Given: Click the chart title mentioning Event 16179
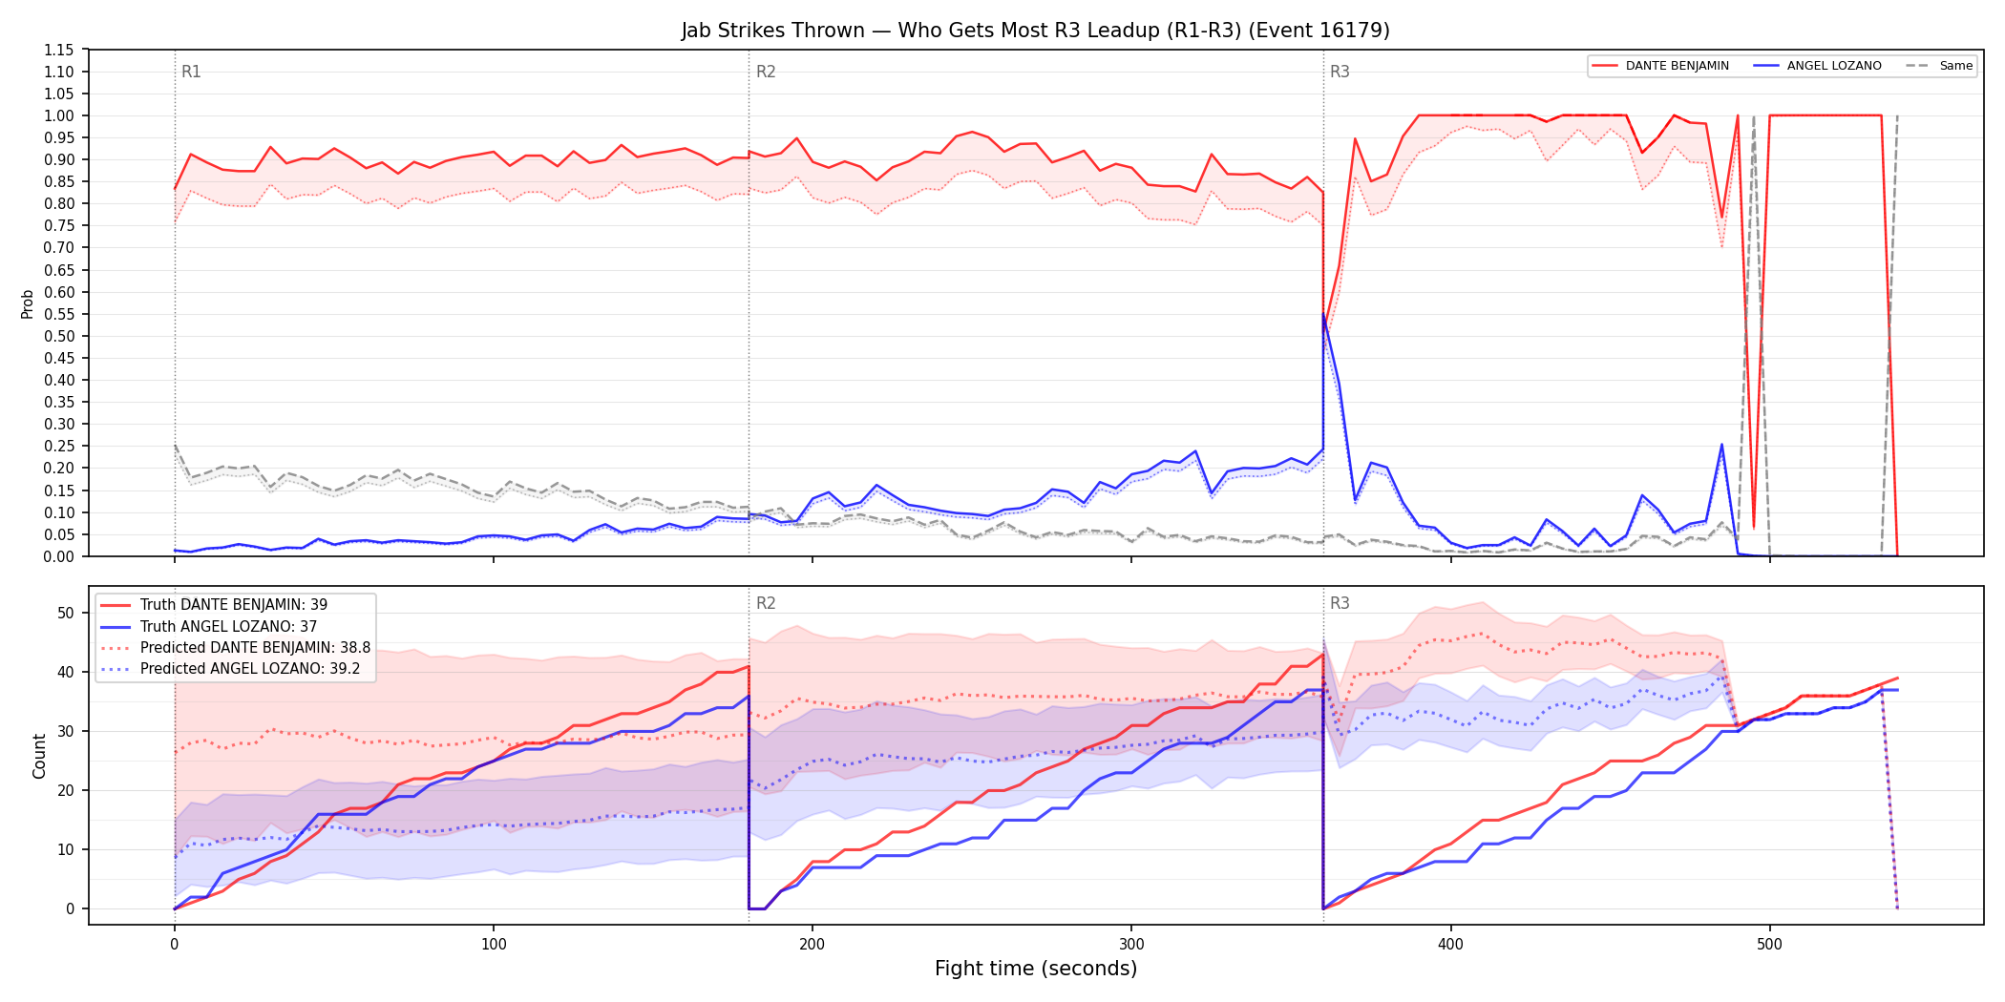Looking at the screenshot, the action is (1035, 31).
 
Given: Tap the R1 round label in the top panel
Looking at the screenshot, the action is (191, 72).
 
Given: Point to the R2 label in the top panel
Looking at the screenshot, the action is (766, 72).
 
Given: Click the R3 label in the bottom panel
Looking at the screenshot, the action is (1340, 603).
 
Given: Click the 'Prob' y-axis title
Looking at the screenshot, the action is (27, 303).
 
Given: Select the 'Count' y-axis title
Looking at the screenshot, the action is (39, 756).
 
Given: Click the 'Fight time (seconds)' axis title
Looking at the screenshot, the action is (1036, 969).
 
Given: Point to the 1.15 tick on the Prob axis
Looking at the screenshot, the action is (58, 50).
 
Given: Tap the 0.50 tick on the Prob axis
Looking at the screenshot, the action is (58, 336).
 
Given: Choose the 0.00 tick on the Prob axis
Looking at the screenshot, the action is (58, 556).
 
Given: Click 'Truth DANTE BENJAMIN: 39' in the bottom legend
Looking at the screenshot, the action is (234, 605).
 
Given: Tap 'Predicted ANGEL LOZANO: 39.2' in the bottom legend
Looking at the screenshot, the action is (250, 669).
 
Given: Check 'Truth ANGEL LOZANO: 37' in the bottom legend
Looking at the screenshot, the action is (228, 627).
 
